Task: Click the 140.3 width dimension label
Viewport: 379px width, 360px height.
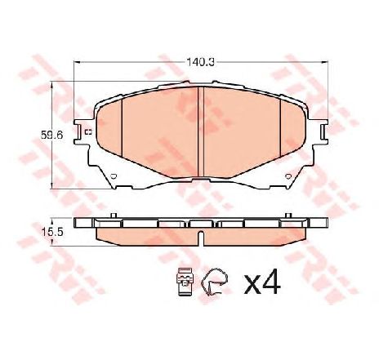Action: click(x=200, y=63)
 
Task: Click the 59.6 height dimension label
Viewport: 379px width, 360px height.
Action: click(x=51, y=135)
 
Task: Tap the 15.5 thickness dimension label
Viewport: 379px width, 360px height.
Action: click(x=52, y=232)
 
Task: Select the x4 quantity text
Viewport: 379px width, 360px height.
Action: click(x=261, y=282)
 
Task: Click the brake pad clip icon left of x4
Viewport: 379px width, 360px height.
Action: click(x=185, y=282)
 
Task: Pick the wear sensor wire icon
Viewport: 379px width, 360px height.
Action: click(x=215, y=282)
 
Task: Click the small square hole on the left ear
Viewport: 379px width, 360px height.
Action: click(x=88, y=132)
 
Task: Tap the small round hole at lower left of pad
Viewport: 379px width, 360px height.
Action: click(x=114, y=176)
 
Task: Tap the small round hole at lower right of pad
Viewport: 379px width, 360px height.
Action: click(x=288, y=176)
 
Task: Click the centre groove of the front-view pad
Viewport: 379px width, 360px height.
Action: click(x=201, y=132)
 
